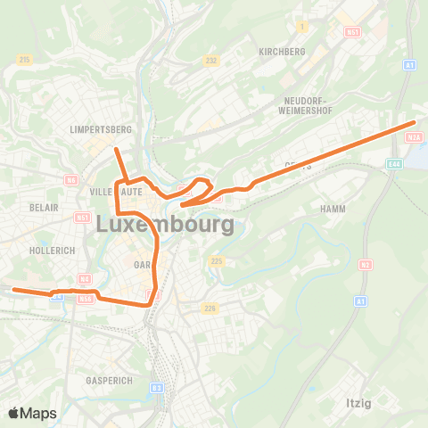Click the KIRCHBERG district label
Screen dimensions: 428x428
pyautogui.click(x=281, y=52)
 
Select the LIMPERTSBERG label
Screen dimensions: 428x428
pyautogui.click(x=100, y=129)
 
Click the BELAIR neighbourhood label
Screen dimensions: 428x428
pyautogui.click(x=44, y=207)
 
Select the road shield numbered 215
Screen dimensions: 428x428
pyautogui.click(x=23, y=59)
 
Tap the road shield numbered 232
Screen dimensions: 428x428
pyautogui.click(x=211, y=61)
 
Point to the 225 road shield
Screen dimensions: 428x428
pyautogui.click(x=216, y=261)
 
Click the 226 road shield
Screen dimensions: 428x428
pyautogui.click(x=210, y=309)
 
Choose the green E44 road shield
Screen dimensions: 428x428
pyautogui.click(x=394, y=164)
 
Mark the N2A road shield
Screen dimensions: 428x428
pyautogui.click(x=413, y=137)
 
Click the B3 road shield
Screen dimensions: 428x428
pyautogui.click(x=157, y=388)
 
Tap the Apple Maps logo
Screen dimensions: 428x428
pyautogui.click(x=32, y=413)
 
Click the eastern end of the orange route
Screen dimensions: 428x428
pyautogui.click(x=415, y=122)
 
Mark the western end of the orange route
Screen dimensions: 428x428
pyautogui.click(x=14, y=289)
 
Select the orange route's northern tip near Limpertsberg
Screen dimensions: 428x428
pyautogui.click(x=116, y=149)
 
